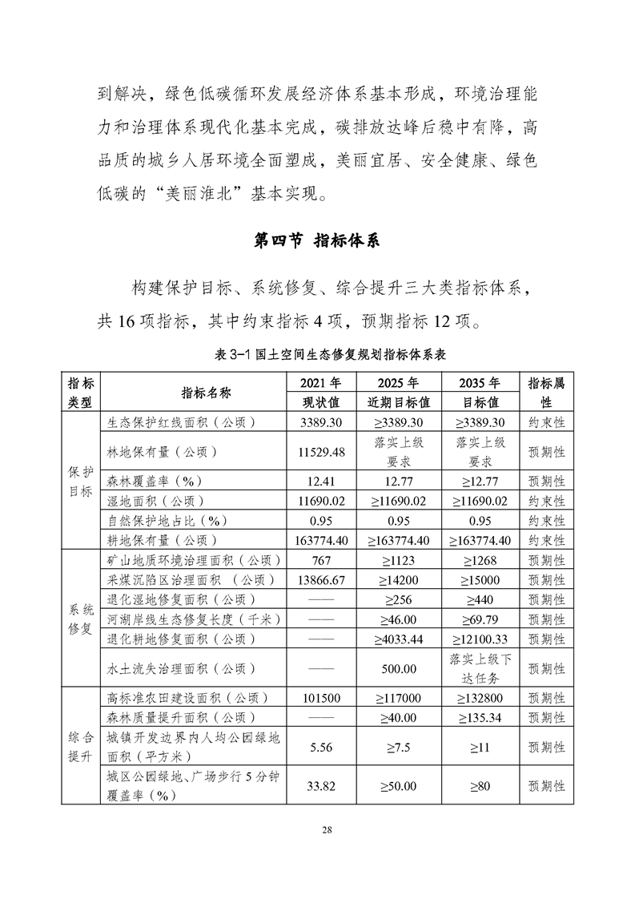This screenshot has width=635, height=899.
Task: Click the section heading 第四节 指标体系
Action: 317,240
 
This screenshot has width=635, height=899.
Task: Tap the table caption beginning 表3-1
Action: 317,353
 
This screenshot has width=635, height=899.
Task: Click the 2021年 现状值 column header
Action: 320,392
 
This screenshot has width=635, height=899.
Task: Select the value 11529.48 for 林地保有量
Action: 320,452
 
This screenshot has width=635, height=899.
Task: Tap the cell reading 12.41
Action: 320,481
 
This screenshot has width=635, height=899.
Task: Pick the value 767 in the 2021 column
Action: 320,559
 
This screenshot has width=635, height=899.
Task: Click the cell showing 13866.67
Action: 320,579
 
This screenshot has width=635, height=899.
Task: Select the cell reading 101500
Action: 320,698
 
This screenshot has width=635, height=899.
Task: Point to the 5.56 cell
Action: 320,747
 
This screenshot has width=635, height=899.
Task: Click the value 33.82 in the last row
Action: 320,786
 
